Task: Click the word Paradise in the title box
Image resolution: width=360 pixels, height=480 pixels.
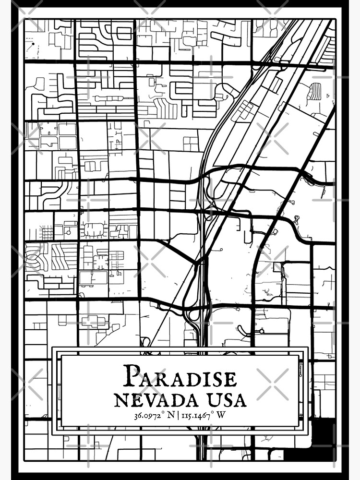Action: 180,377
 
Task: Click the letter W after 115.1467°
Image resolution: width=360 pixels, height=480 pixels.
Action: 221,415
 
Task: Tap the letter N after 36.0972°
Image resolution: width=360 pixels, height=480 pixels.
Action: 172,415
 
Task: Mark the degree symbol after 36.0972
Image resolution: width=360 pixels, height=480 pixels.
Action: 166,413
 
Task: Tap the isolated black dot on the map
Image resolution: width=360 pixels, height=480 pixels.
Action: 33,44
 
